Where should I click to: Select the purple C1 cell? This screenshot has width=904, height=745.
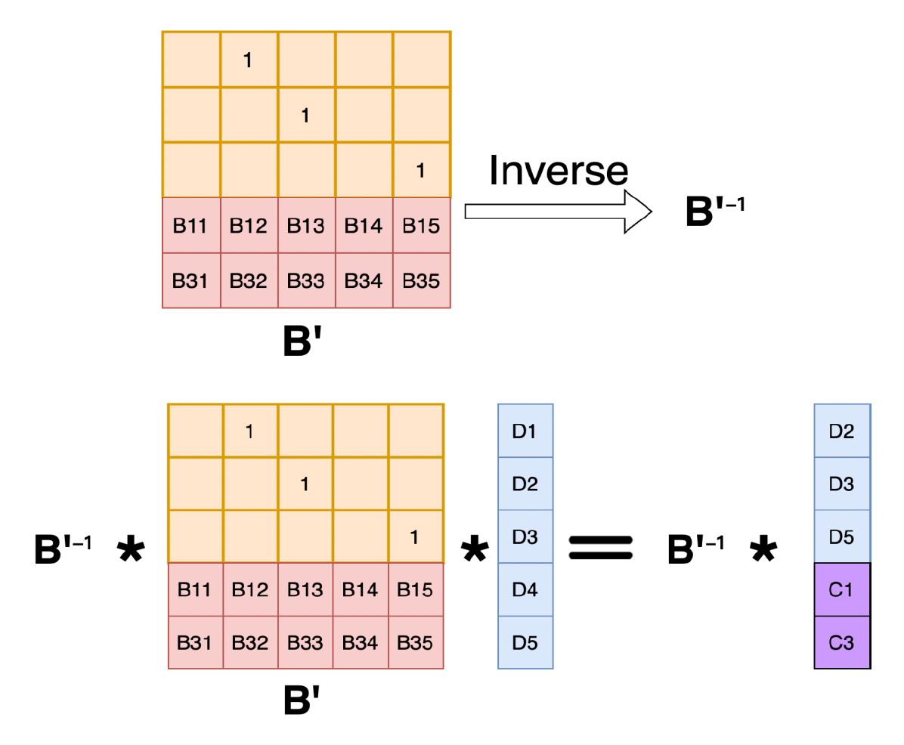click(x=841, y=589)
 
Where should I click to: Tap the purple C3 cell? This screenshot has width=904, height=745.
click(x=841, y=642)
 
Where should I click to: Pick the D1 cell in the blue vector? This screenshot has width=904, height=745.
click(x=525, y=431)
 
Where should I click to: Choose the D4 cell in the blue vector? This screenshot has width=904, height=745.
click(x=525, y=589)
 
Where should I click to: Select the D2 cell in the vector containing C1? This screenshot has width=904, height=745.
click(x=841, y=431)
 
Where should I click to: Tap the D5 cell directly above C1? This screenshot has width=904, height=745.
click(x=841, y=536)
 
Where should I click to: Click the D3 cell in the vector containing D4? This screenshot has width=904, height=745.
click(x=525, y=536)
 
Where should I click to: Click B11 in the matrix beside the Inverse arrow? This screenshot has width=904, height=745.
click(x=190, y=226)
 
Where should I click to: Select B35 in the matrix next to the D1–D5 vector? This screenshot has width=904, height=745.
click(x=415, y=642)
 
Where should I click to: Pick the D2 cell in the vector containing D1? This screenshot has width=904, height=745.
click(x=525, y=484)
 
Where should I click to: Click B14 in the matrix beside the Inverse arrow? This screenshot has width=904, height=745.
click(x=364, y=226)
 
